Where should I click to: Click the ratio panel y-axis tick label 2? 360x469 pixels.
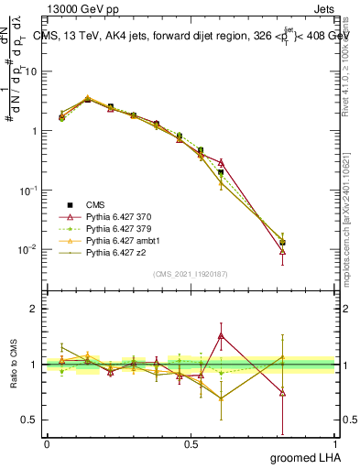(34, 309)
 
